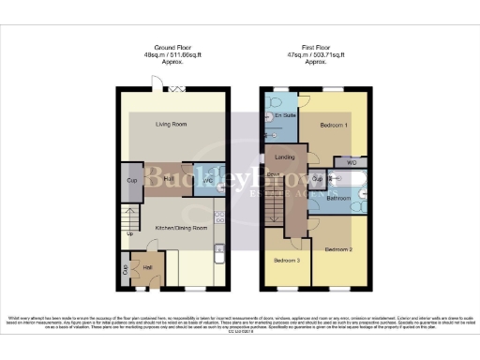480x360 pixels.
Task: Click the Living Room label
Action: point(172,124)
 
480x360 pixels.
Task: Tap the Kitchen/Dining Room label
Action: point(172,202)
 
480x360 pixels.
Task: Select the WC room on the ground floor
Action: point(207,179)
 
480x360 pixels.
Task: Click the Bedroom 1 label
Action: point(334,125)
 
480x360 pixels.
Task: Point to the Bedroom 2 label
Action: point(338,250)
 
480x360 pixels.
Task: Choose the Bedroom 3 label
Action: point(286,260)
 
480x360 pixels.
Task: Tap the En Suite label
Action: point(285,115)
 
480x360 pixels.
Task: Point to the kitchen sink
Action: point(217,249)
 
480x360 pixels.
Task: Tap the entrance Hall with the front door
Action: point(146,266)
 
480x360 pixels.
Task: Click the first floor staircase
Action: point(275,199)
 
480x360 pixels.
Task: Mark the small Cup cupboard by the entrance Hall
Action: point(126,269)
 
